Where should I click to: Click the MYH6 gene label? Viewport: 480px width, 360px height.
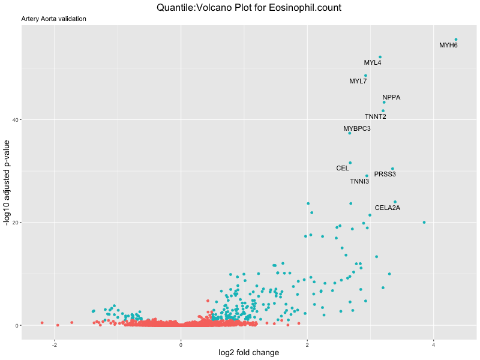click(x=448, y=45)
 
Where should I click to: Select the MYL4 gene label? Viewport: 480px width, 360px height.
click(x=373, y=62)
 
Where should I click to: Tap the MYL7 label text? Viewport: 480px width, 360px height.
click(x=358, y=81)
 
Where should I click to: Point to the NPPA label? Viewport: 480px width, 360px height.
click(x=391, y=97)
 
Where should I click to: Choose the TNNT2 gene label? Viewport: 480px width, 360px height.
click(x=375, y=116)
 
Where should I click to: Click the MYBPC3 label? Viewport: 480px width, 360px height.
click(x=357, y=128)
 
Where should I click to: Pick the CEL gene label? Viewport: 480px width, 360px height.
click(x=343, y=169)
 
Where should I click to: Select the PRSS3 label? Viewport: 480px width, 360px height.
click(x=385, y=174)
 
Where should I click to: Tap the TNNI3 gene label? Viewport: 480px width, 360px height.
click(x=359, y=181)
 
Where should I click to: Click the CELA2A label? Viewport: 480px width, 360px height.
click(x=387, y=208)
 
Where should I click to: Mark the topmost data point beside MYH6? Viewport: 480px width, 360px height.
click(x=456, y=40)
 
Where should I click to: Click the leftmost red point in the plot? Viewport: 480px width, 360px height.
click(x=42, y=323)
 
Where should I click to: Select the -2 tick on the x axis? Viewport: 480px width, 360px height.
click(x=55, y=344)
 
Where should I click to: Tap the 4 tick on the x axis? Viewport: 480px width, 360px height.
click(x=434, y=344)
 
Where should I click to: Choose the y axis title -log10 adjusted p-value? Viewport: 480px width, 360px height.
click(x=7, y=182)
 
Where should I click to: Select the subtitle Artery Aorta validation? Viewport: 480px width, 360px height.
click(x=53, y=19)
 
